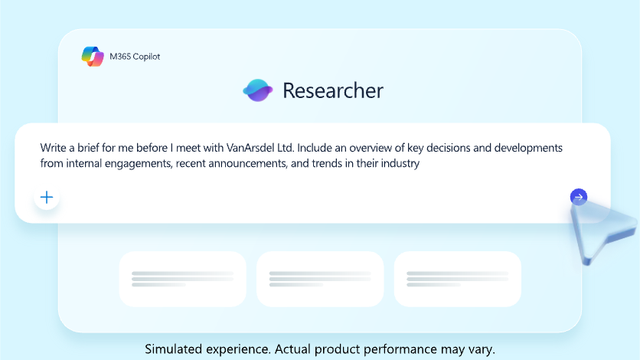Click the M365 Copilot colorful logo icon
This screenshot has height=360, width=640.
coord(93,57)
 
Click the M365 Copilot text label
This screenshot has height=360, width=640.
coord(135,57)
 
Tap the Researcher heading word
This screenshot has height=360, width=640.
coord(333,90)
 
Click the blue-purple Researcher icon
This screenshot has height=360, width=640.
coord(258,90)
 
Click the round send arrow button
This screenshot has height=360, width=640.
coord(579,197)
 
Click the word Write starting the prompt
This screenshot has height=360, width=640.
coord(53,148)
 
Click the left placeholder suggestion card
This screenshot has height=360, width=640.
coord(182,279)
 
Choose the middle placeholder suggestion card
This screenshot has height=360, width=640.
coord(320,279)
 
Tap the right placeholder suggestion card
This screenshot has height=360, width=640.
coord(458,279)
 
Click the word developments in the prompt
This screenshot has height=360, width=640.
coord(528,148)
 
